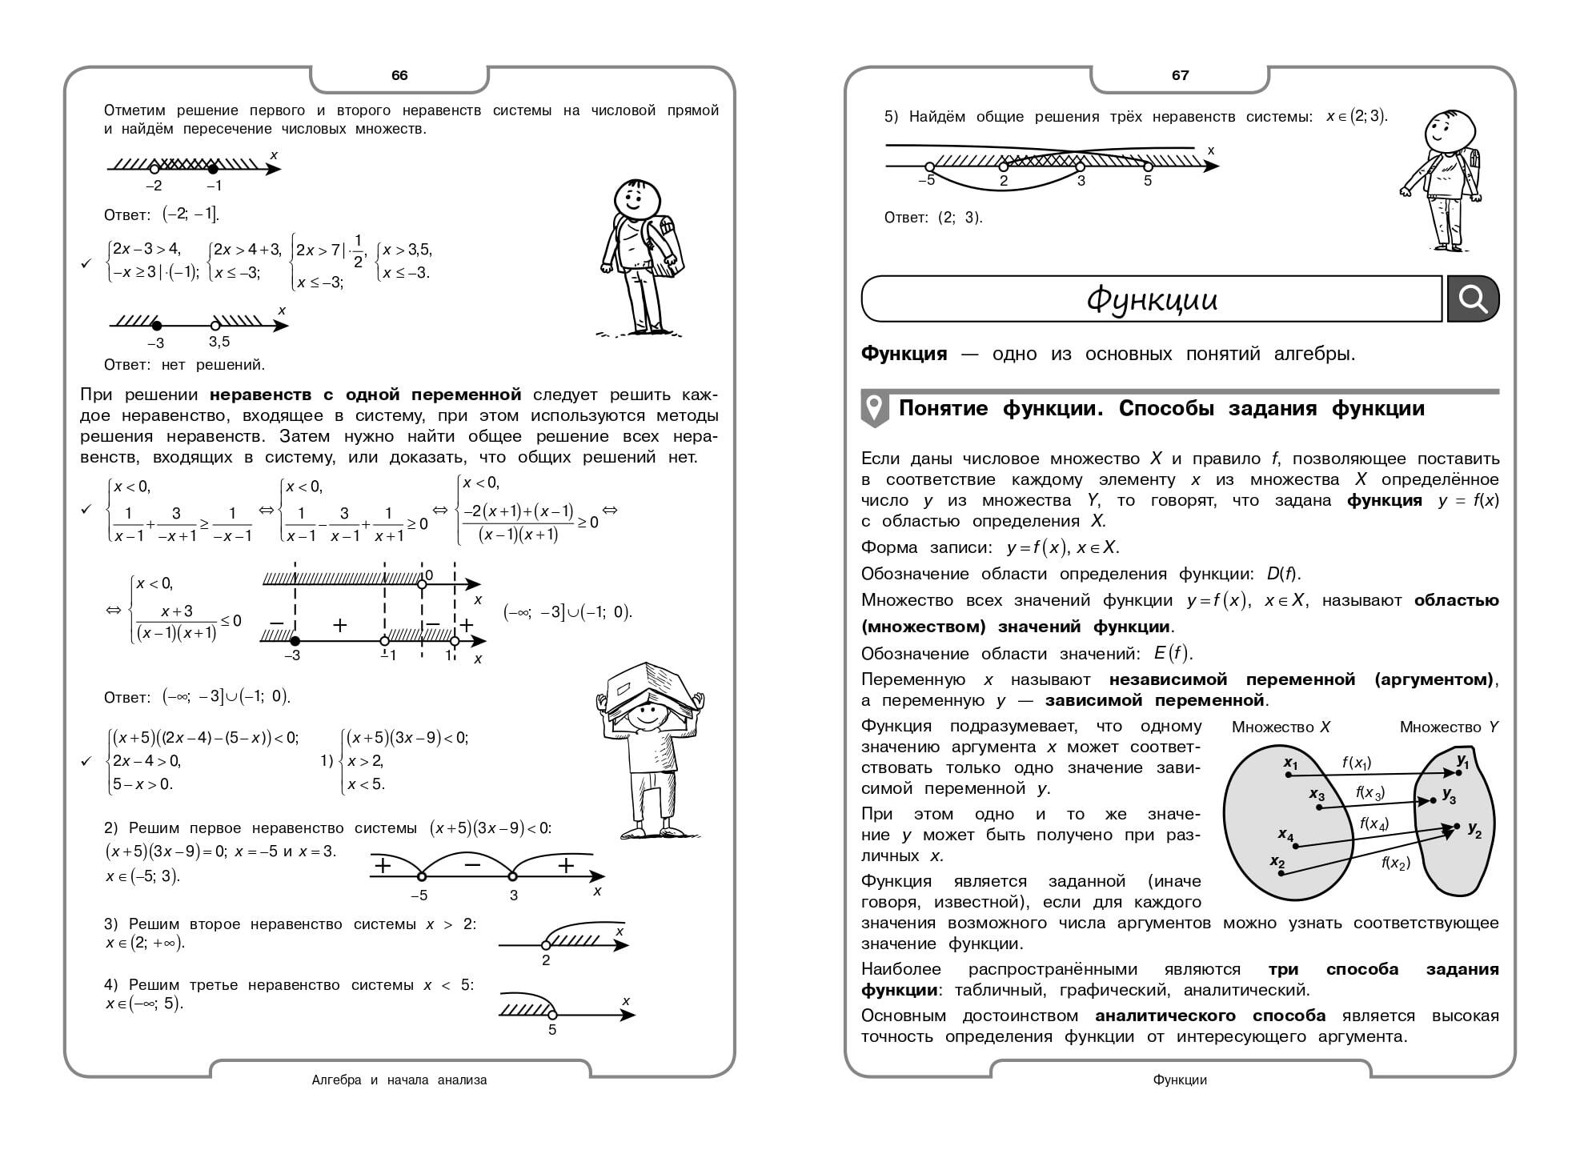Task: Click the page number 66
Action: coord(399,75)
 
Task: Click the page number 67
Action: coord(1180,75)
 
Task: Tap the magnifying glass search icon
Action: coord(1473,299)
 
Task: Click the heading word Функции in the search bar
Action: coord(1152,299)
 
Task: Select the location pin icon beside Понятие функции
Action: coord(875,409)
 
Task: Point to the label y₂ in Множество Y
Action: coord(1474,830)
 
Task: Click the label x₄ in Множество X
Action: coord(1285,835)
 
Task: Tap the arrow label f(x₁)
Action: coord(1357,763)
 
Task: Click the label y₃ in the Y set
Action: coord(1449,795)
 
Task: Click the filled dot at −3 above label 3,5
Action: coord(157,326)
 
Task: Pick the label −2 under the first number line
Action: coord(154,186)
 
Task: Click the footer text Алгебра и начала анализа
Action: coord(399,1080)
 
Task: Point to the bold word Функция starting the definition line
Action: coord(904,354)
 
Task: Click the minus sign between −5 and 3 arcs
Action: coord(472,864)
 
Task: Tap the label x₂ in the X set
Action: coord(1277,863)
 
